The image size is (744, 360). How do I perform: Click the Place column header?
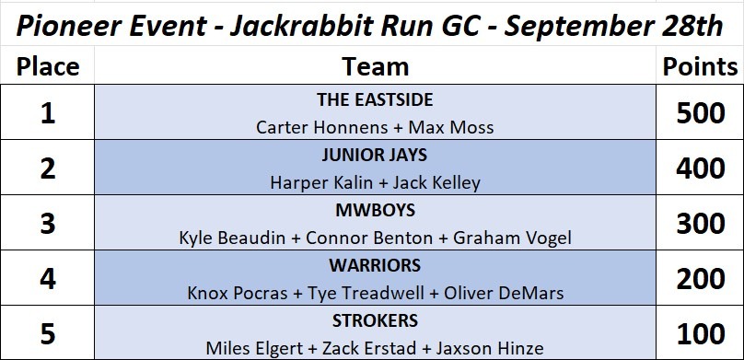tap(48, 67)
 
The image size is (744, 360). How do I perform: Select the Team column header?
tap(375, 67)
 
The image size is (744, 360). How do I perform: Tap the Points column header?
tap(700, 67)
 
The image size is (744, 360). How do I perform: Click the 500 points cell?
tap(701, 114)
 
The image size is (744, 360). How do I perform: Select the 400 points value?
tap(701, 168)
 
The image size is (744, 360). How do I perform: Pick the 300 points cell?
tap(701, 224)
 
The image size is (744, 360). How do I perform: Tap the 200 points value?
tap(701, 279)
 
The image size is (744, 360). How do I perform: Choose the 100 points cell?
tap(701, 334)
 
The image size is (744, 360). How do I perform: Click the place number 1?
tap(48, 114)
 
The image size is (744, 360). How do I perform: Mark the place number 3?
tap(48, 224)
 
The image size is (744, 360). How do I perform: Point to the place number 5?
tap(48, 334)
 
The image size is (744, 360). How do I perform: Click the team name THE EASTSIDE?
tap(375, 99)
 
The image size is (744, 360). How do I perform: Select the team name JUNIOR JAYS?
tap(375, 155)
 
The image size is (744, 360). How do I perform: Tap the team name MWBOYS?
tap(375, 210)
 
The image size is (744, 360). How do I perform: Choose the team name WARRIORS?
tap(375, 265)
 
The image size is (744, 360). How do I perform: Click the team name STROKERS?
tap(375, 320)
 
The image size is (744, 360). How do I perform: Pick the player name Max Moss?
tap(451, 127)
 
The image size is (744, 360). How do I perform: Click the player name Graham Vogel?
tap(513, 238)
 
